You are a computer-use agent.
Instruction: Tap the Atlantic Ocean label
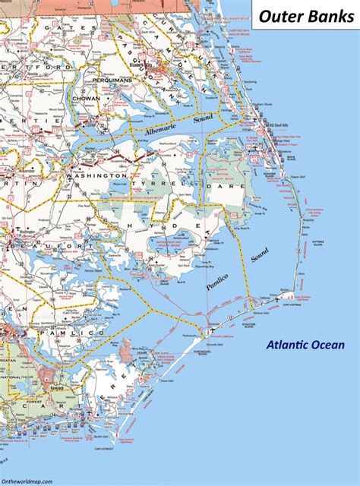(x=305, y=346)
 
